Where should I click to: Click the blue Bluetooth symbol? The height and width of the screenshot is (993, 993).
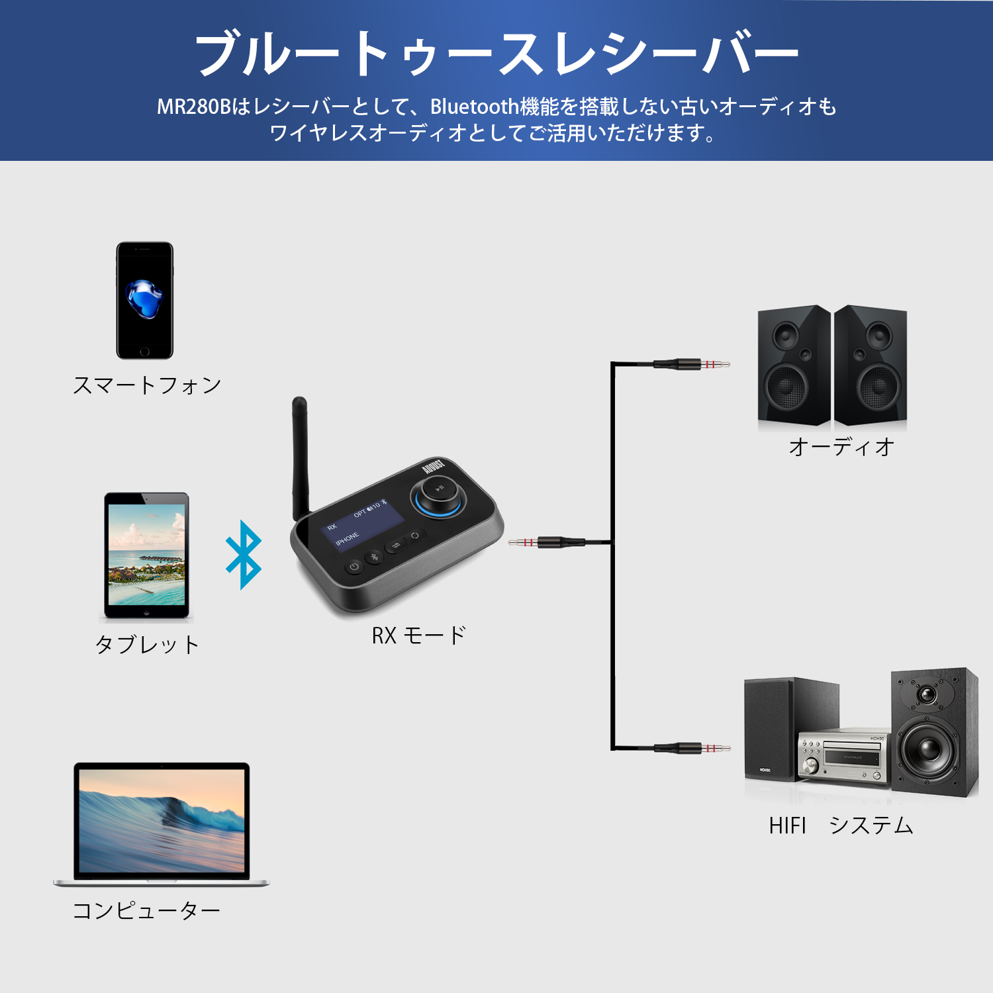(244, 555)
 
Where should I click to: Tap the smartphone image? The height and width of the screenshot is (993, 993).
(145, 301)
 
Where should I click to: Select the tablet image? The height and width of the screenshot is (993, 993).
(146, 556)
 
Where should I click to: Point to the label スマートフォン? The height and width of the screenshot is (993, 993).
(147, 385)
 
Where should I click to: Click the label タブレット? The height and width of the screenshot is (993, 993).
(147, 644)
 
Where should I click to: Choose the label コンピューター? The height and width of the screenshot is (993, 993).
(146, 911)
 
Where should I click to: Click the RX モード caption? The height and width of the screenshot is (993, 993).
(418, 636)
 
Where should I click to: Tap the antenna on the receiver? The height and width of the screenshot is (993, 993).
(300, 457)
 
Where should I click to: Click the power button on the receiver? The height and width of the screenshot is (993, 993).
(355, 567)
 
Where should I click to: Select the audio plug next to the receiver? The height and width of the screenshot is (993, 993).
(547, 543)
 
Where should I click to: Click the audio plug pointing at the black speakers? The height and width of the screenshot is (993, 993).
(691, 363)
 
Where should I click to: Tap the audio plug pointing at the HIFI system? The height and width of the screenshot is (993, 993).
(692, 748)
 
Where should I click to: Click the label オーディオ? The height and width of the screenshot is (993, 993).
(841, 447)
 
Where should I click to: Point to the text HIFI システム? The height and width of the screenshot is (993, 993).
(841, 826)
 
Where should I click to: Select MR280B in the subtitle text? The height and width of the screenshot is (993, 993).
(194, 107)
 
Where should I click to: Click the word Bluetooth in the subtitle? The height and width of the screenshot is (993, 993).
(475, 107)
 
